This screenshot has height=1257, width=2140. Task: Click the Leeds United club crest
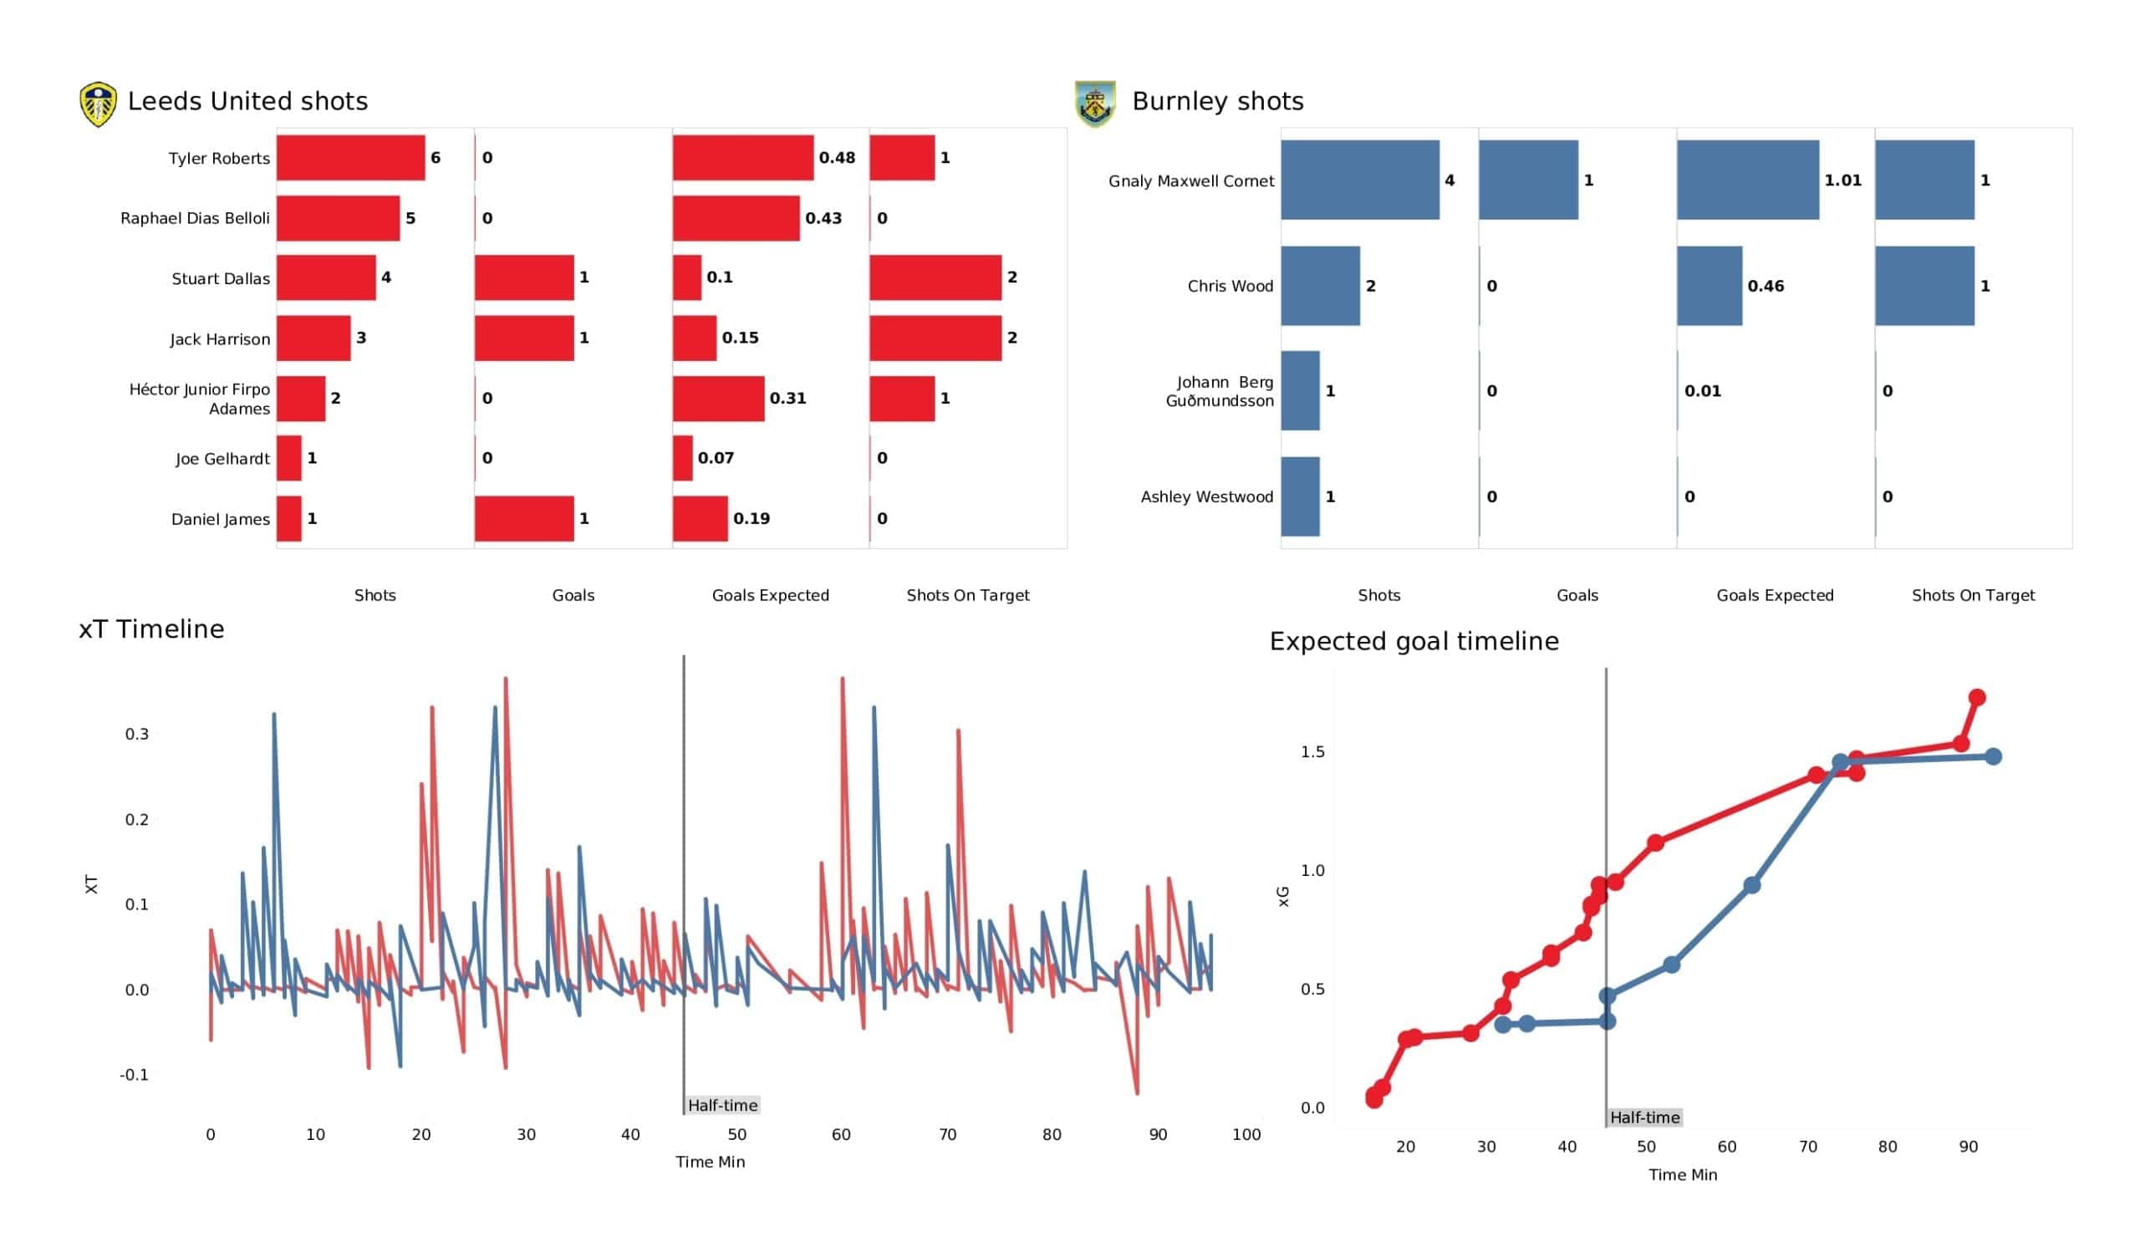98,104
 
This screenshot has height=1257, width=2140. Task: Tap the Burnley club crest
1094,104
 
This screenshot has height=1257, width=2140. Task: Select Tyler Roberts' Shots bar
351,158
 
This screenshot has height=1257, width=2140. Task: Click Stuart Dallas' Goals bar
524,277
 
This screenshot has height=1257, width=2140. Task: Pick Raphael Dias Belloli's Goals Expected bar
736,218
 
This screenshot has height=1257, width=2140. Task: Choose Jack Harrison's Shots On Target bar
935,338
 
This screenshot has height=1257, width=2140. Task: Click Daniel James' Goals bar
524,518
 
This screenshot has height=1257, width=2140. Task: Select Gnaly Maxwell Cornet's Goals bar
1529,180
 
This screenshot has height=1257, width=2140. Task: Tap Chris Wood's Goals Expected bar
1709,286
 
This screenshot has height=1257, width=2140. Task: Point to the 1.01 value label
1842,180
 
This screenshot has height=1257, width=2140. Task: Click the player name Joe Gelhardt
222,459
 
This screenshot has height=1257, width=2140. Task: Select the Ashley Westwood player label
1207,496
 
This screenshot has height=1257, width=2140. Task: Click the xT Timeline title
152,629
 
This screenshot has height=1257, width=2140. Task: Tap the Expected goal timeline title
1414,641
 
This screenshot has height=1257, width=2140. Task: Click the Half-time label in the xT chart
723,1105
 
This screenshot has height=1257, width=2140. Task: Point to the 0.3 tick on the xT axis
137,734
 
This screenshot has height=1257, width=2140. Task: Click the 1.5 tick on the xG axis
1312,751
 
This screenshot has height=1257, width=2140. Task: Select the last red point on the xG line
1976,697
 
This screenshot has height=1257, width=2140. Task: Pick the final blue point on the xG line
1993,756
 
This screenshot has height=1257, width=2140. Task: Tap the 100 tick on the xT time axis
1246,1135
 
